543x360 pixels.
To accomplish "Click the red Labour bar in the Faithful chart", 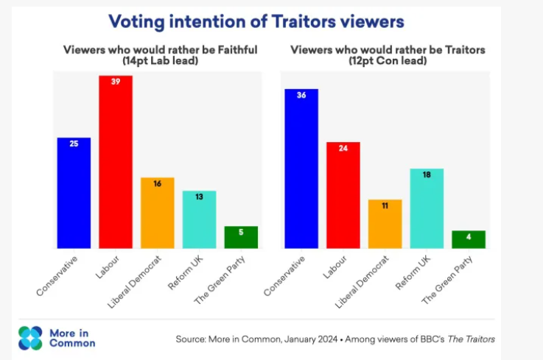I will pyautogui.click(x=116, y=162).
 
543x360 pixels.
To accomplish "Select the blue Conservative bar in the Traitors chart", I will pyautogui.click(x=301, y=169).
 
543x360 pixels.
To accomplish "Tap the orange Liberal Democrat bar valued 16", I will pyautogui.click(x=157, y=213).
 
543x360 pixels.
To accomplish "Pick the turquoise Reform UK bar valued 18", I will pyautogui.click(x=426, y=208).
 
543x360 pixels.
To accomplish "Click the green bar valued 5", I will pyautogui.click(x=241, y=237).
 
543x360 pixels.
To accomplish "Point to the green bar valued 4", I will pyautogui.click(x=468, y=239).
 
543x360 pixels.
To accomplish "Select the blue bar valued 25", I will pyautogui.click(x=74, y=193).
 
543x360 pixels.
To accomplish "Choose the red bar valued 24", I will pyautogui.click(x=343, y=195).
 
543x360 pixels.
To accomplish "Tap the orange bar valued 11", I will pyautogui.click(x=385, y=224).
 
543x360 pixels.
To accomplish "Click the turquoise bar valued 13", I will pyautogui.click(x=199, y=219).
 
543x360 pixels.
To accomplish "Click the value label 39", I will pyautogui.click(x=116, y=81).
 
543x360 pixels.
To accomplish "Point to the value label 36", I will pyautogui.click(x=301, y=94).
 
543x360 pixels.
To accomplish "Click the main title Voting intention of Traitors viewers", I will pyautogui.click(x=256, y=22).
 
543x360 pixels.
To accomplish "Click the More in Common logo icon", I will pyautogui.click(x=31, y=338).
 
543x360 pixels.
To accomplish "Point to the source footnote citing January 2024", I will pyautogui.click(x=335, y=339).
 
